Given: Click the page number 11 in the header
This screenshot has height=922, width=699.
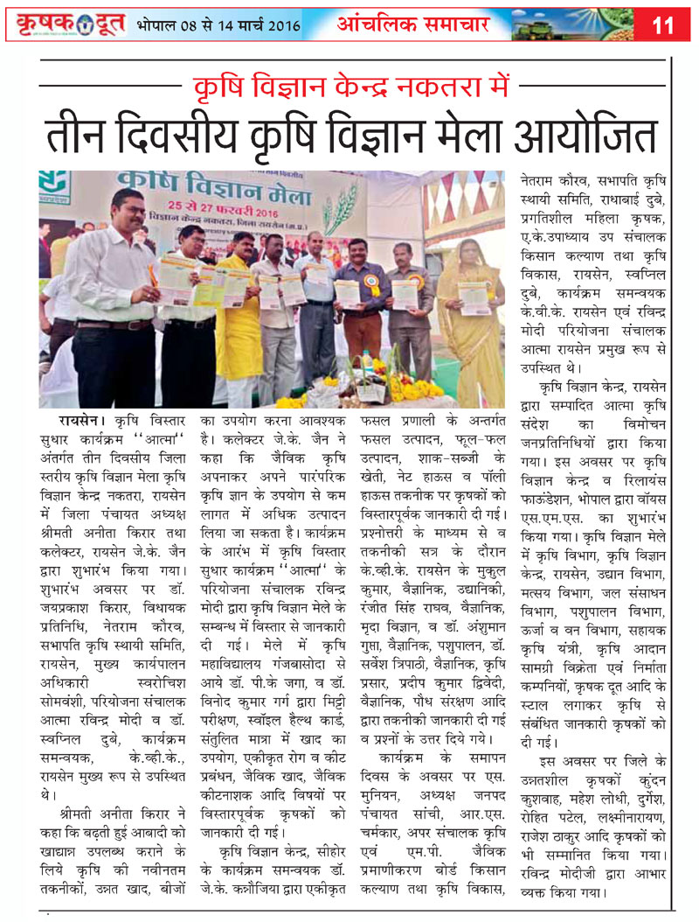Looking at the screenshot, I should pos(663,25).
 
